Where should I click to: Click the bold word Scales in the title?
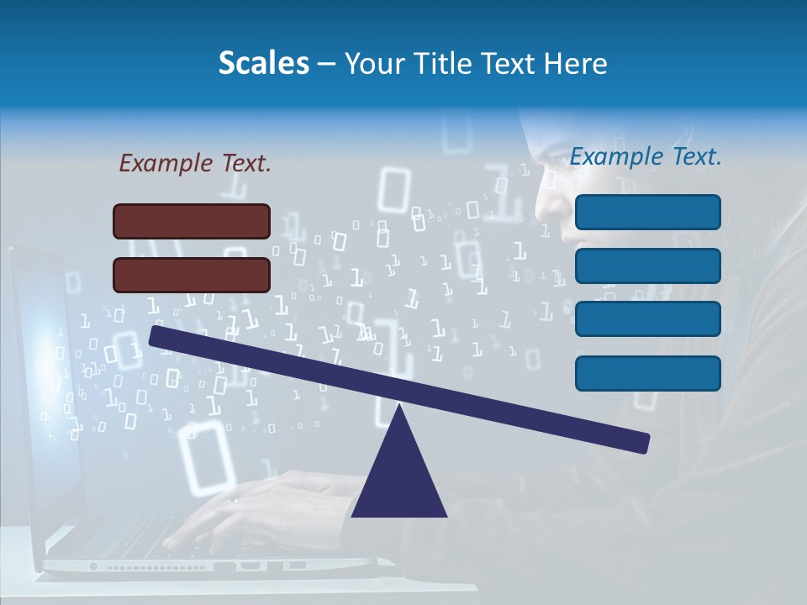263,63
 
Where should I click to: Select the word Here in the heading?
576,63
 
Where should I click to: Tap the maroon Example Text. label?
195,163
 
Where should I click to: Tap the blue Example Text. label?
646,156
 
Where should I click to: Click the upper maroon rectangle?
192,221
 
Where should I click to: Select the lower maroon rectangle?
192,275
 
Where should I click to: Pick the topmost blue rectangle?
647,212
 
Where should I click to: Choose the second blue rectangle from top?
647,266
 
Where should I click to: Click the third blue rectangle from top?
647,318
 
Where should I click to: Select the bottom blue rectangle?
647,373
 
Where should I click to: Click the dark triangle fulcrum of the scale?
398,479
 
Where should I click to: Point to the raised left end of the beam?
156,335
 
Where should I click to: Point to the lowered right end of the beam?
643,443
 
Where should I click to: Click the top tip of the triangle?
398,407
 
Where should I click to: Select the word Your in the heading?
375,63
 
